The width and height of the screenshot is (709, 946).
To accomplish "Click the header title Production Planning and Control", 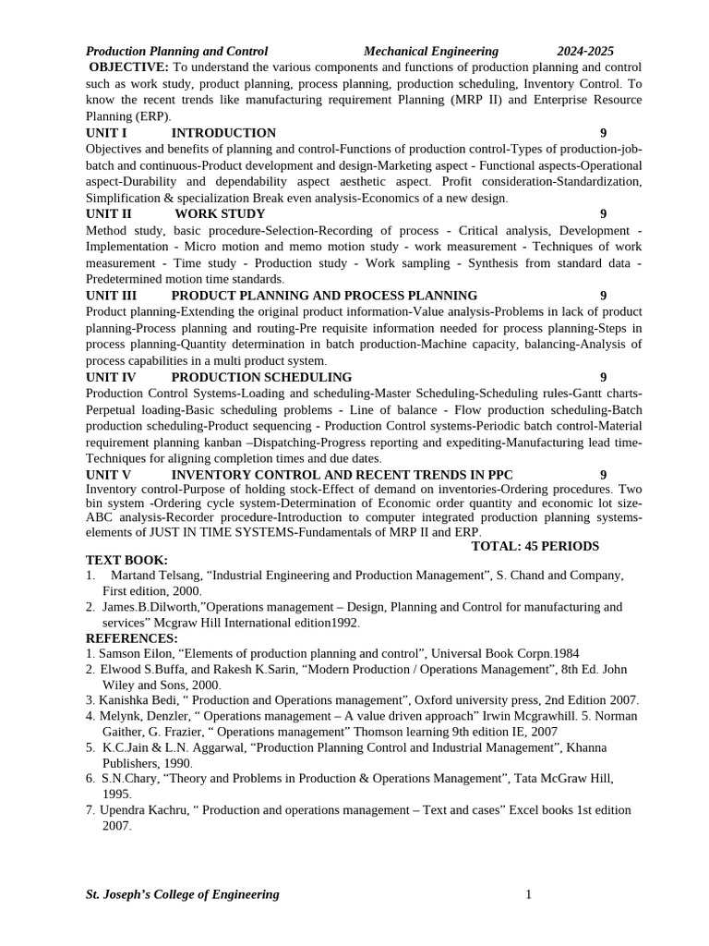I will coord(176,52).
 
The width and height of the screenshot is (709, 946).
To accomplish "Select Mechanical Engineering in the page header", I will coord(430,52).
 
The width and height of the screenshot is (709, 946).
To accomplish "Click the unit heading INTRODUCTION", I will coord(223,133).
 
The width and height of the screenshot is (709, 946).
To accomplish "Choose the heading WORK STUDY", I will coord(220,214).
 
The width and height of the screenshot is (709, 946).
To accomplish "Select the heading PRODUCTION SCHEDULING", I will coord(261,377).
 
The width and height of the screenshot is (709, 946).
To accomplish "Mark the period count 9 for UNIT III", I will coord(603,296).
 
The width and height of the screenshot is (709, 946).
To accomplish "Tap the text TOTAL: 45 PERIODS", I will coord(535,546).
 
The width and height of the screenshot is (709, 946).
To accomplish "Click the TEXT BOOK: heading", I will coord(126,560).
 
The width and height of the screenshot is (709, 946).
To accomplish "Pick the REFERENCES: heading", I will coord(131,638).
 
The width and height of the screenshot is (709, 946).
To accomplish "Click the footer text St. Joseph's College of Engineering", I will coord(182,894).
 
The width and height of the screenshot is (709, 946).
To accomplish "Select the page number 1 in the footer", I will coord(529,894).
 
